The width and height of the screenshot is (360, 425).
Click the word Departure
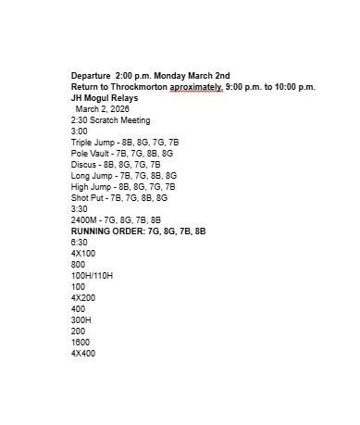91,75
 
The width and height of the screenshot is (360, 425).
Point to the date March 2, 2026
105,109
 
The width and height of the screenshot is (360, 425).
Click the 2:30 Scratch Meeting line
110,120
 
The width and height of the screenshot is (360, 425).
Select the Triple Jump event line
125,143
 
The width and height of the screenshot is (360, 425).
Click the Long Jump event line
124,175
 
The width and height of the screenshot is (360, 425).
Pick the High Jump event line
123,186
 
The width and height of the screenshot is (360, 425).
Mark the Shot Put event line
119,197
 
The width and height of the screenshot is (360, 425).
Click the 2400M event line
116,219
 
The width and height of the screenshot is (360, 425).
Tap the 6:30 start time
80,242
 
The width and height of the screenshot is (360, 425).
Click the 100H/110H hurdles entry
92,275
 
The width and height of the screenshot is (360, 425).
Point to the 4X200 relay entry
83,297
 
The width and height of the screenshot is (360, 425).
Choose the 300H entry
81,319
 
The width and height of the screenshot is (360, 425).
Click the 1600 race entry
81,342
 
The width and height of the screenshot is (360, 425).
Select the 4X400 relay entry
83,353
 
